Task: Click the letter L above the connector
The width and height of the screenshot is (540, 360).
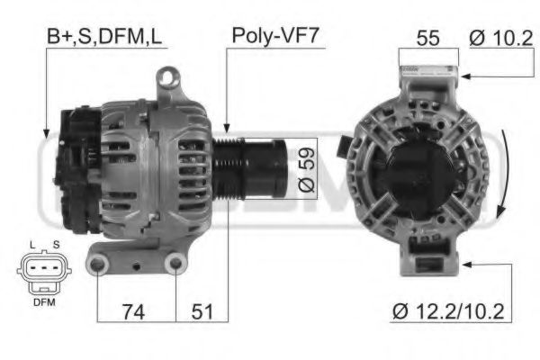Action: [32, 246]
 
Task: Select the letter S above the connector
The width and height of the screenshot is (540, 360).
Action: [56, 246]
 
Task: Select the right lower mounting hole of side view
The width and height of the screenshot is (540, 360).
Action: [177, 264]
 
